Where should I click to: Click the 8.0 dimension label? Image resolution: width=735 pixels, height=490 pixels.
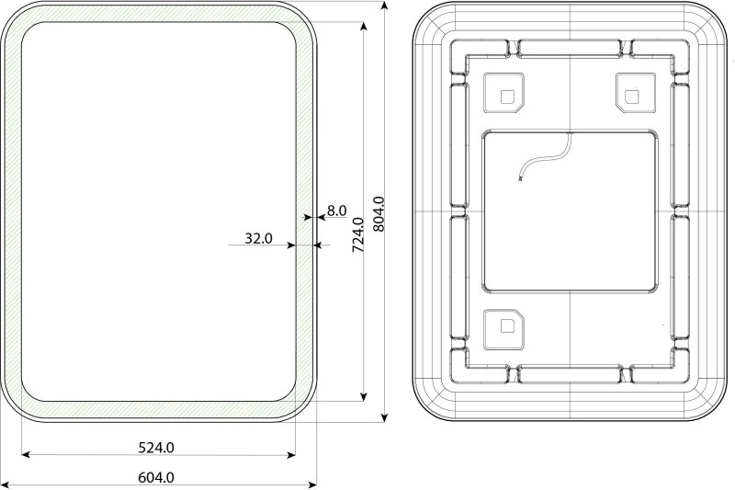(336, 211)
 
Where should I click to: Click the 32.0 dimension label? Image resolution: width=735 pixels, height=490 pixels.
(258, 239)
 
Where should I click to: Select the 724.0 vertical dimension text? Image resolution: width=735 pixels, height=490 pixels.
(358, 234)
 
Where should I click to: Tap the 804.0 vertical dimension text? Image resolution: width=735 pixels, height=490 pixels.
(379, 214)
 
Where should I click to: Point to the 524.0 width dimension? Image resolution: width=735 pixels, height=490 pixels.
(156, 448)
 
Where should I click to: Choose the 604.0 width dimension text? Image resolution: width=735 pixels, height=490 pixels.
(156, 477)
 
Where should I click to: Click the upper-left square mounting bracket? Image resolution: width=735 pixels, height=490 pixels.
(503, 92)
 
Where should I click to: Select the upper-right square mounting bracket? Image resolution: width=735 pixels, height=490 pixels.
(636, 92)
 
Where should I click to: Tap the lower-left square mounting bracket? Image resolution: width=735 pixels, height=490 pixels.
(503, 330)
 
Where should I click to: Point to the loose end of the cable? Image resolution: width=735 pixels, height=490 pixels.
(520, 179)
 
